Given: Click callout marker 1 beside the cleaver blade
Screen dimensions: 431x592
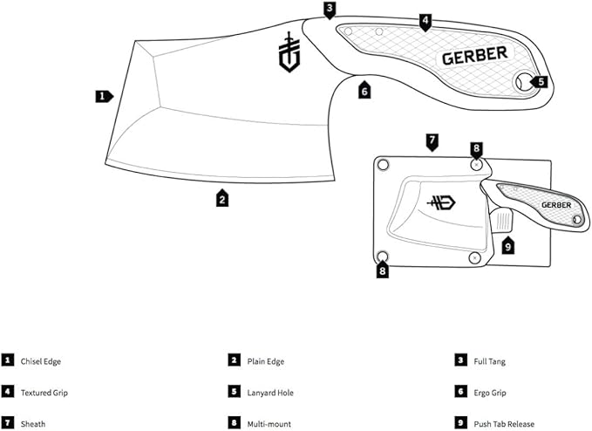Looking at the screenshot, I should [x=103, y=96].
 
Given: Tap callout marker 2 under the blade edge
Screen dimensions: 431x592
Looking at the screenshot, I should [x=223, y=198].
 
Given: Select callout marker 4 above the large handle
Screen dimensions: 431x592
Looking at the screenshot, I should [x=425, y=19].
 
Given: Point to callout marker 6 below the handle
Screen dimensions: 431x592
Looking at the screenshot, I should [x=364, y=89].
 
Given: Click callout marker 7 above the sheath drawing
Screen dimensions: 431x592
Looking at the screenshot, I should [x=431, y=140].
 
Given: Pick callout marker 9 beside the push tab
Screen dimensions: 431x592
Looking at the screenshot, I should [x=508, y=246].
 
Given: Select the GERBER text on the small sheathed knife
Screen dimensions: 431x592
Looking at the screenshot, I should [x=555, y=206].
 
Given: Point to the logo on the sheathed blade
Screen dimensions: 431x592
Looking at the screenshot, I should [x=442, y=202].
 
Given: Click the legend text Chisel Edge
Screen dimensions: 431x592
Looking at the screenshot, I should [x=41, y=360].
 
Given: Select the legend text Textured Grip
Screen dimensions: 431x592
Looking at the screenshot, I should [x=44, y=393].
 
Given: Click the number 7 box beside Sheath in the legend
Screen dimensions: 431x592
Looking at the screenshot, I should [x=8, y=424].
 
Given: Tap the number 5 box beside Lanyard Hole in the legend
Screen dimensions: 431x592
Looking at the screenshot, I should [x=234, y=393].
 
